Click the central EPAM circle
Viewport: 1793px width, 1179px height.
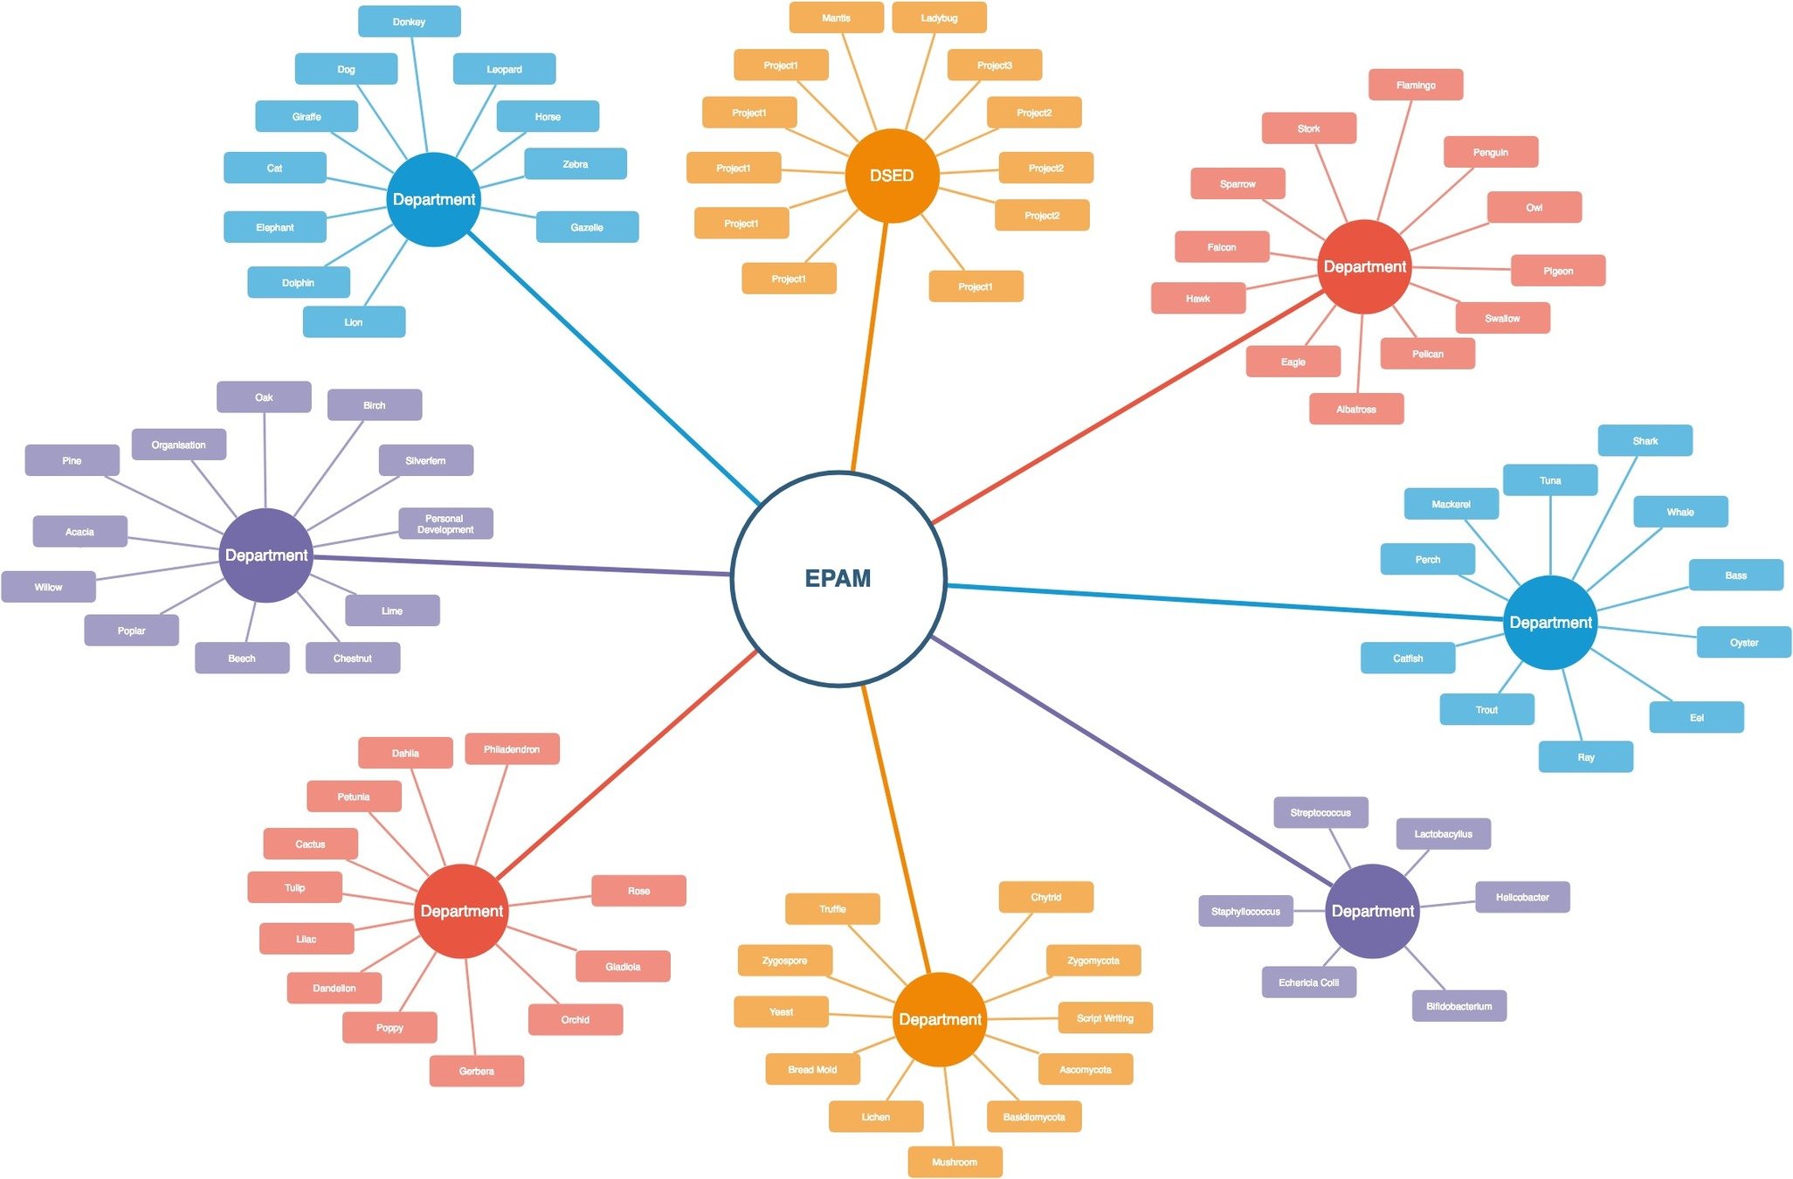pos(838,578)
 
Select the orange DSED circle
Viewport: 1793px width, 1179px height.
pos(892,176)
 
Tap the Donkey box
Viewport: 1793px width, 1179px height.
pos(409,22)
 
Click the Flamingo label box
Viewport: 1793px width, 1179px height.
pos(1415,85)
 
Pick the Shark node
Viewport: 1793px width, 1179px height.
pos(1645,441)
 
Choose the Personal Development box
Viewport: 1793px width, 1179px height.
pos(445,523)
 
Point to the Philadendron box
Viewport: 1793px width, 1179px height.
pos(512,749)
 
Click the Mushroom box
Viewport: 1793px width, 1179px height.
pos(955,1162)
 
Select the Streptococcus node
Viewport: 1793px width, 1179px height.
pos(1321,812)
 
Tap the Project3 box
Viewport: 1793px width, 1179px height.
pos(994,65)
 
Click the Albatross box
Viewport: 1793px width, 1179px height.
pos(1355,409)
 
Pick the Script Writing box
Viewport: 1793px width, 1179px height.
pos(1105,1017)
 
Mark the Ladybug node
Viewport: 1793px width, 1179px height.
pos(939,17)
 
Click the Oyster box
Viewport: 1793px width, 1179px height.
pos(1743,642)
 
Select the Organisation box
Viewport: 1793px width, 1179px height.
pos(179,445)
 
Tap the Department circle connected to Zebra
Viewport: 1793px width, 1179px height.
pos(434,199)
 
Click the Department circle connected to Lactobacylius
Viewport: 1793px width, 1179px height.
pos(1372,911)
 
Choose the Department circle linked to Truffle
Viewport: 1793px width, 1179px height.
pos(940,1019)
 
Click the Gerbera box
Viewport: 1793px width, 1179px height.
pos(477,1071)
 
